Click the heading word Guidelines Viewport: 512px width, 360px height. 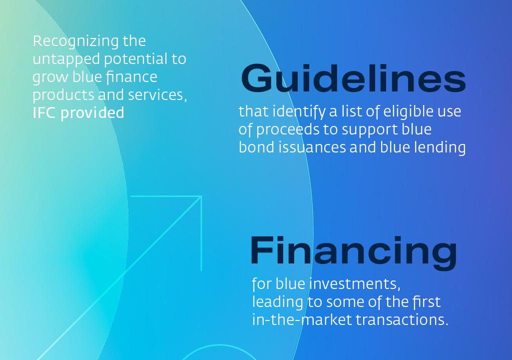click(353, 78)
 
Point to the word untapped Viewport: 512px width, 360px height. click(66, 60)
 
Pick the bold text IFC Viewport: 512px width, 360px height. click(45, 113)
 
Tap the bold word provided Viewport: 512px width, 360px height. click(92, 113)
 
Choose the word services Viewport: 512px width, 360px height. click(157, 95)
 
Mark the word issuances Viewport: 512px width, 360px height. click(312, 147)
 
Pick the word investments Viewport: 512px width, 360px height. click(355, 284)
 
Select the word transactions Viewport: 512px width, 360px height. click(402, 320)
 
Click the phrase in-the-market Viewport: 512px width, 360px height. click(302, 319)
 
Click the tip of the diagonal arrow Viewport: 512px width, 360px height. click(201, 196)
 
